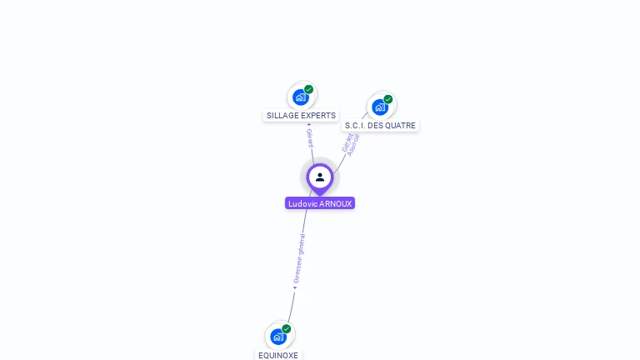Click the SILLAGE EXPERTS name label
tap(301, 116)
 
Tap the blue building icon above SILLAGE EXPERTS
tap(300, 97)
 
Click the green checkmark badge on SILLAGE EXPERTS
tap(308, 90)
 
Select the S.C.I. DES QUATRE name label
tap(380, 126)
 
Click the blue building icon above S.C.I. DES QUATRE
tap(380, 107)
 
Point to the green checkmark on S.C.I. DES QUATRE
tap(388, 99)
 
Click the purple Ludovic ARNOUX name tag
tap(320, 203)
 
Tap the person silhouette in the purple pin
tap(320, 177)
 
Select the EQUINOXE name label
tap(278, 355)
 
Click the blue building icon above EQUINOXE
tap(278, 337)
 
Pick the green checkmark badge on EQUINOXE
tap(287, 329)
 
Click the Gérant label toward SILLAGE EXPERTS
tap(310, 137)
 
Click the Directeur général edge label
tap(299, 258)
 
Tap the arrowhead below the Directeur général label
tap(294, 287)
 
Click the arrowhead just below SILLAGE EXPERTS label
tap(309, 125)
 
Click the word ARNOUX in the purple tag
tap(336, 203)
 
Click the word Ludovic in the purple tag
tap(302, 203)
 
